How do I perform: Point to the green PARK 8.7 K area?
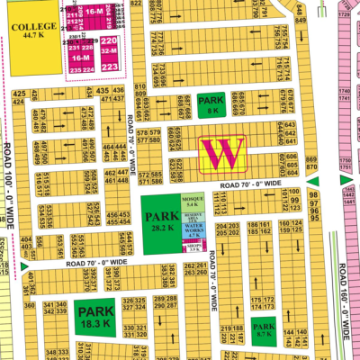coord(263,329)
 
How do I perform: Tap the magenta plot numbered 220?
coord(109,42)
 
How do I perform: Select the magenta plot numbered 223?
coord(109,66)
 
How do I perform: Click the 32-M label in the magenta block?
coord(109,54)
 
